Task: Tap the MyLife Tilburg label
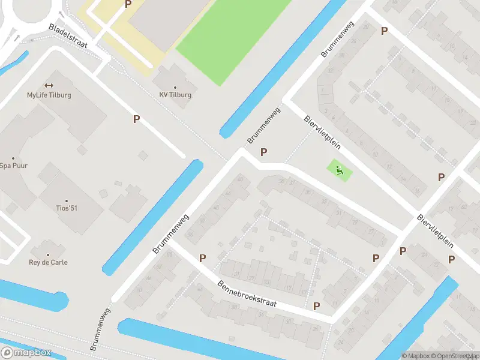click(x=49, y=95)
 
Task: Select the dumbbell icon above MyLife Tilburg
click(x=49, y=85)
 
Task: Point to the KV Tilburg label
click(x=175, y=95)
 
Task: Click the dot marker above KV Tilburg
click(x=175, y=86)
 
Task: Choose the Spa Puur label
click(x=13, y=166)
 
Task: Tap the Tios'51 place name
click(x=66, y=208)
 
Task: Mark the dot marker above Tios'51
click(x=66, y=200)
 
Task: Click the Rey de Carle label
click(x=48, y=262)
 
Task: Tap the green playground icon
click(x=340, y=170)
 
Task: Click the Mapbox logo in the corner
click(x=26, y=353)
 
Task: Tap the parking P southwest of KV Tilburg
click(x=136, y=119)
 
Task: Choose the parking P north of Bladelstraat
click(x=128, y=4)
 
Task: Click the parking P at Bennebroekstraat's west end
click(x=203, y=258)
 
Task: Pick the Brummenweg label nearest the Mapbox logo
click(x=101, y=329)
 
